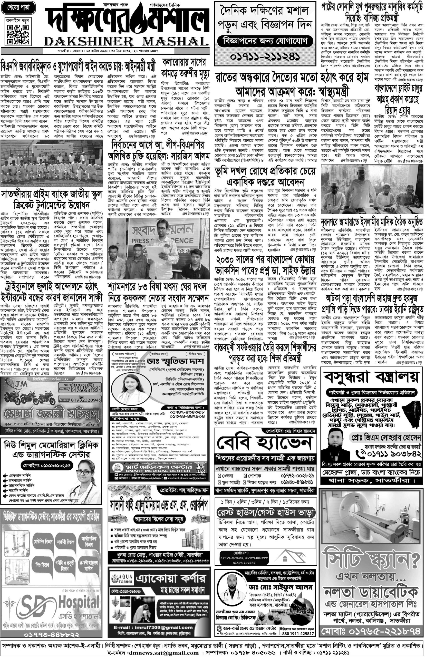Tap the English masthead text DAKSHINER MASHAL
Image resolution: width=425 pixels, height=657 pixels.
(x=126, y=41)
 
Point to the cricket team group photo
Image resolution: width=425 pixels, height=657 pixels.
(x=52, y=163)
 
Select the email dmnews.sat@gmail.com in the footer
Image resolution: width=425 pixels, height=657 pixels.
(x=153, y=651)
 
